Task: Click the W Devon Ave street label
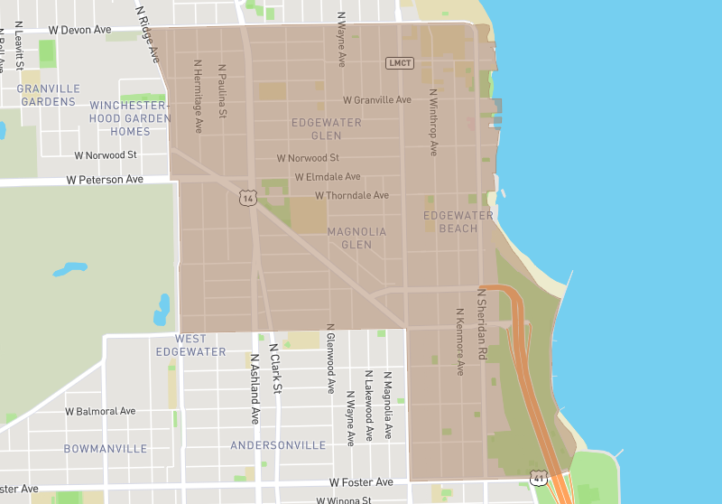[79, 30]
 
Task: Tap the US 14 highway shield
[248, 198]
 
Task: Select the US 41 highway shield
[539, 475]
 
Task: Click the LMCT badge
[399, 62]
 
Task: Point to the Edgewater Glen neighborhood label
[326, 129]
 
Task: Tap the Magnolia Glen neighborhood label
[356, 238]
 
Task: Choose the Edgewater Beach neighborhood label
[458, 222]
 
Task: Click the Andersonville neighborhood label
[278, 445]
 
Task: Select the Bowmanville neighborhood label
[105, 449]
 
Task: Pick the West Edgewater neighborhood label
[190, 345]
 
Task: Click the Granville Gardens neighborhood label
[48, 95]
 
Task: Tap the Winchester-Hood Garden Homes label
[130, 118]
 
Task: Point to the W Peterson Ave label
[105, 180]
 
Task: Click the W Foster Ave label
[361, 482]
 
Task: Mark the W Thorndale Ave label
[351, 195]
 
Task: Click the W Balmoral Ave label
[100, 411]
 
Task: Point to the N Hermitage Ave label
[198, 97]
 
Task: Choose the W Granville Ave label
[376, 100]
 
